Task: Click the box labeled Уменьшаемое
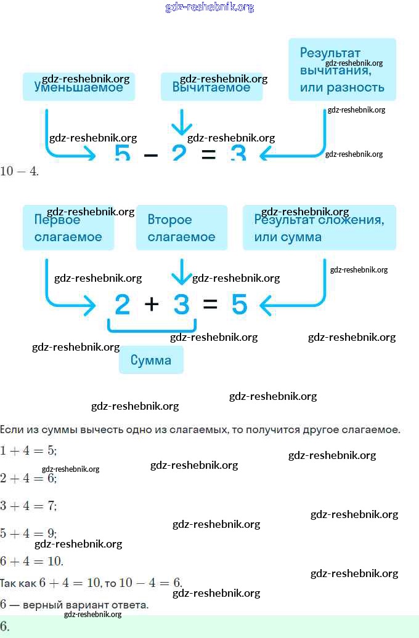pos(78,87)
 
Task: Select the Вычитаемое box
pos(211,87)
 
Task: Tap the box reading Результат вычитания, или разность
pos(342,70)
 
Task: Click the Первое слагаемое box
pos(68,228)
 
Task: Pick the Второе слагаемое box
pos(181,228)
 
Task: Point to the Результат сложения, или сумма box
pos(319,228)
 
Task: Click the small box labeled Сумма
pos(151,360)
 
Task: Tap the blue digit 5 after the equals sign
pos(240,305)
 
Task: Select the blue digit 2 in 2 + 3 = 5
pos(123,305)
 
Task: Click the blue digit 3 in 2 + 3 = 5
pos(181,305)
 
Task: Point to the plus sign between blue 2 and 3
pos(152,304)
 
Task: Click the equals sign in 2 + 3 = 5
pos(210,304)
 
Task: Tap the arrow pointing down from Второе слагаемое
pos(181,271)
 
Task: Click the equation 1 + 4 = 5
pos(28,450)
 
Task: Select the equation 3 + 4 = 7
pos(28,506)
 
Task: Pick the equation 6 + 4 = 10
pos(31,561)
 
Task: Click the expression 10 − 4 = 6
pos(150,583)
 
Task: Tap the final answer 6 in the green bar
pos(5,626)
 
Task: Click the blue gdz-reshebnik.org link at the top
pos(209,7)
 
